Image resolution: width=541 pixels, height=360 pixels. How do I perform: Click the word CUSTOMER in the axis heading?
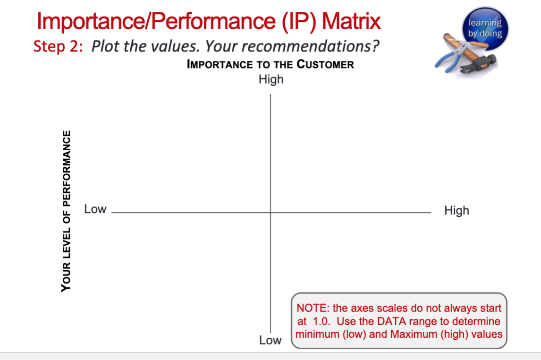pos(325,65)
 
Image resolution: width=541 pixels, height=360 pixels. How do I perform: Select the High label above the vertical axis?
pos(271,79)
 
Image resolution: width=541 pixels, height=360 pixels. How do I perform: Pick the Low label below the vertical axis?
pos(270,340)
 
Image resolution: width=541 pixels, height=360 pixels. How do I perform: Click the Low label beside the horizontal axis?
pos(95,209)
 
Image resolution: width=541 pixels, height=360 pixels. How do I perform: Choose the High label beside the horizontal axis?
pos(456,210)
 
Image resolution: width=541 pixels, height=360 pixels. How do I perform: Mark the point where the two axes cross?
pos(270,213)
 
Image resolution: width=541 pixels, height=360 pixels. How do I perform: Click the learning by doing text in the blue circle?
pos(485,28)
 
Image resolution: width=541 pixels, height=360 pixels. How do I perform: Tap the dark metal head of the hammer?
pos(486,61)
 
